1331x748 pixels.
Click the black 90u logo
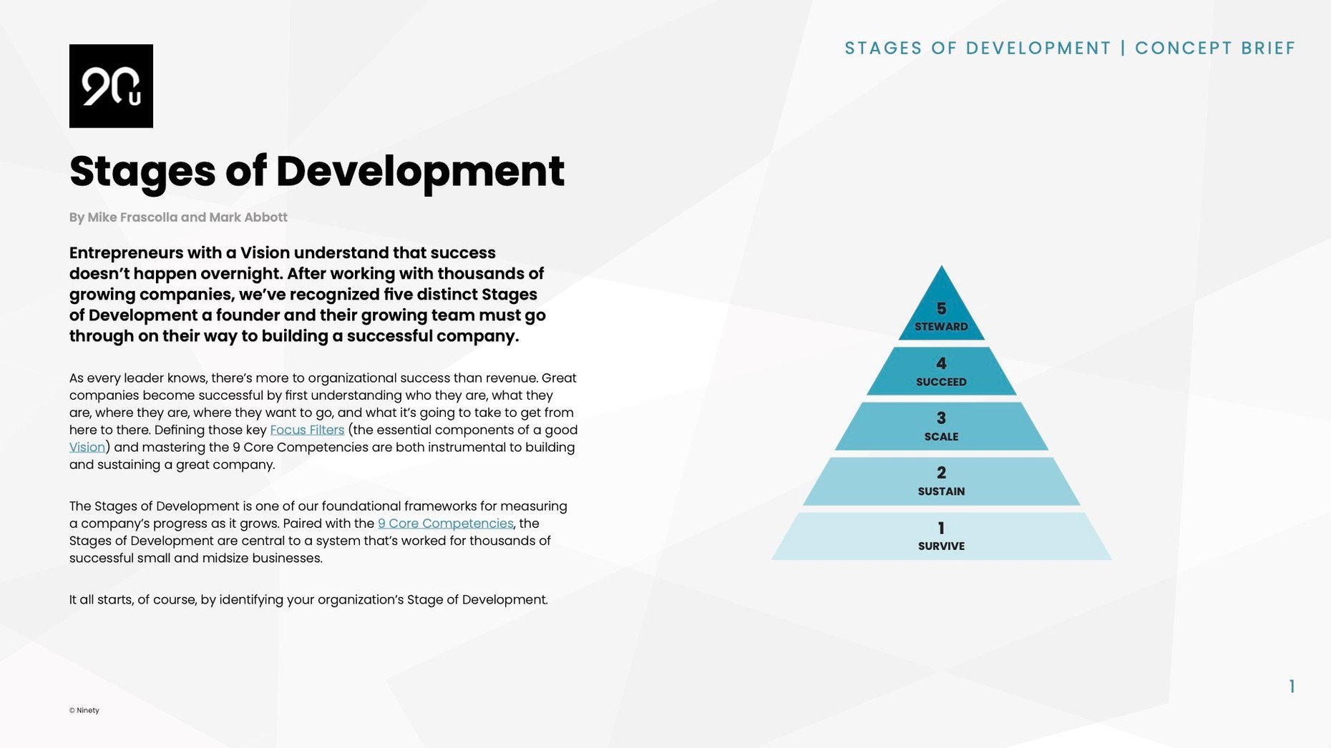pos(111,86)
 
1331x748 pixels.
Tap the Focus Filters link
pos(307,430)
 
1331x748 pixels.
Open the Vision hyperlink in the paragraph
pos(87,448)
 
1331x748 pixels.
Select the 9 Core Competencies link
pos(445,523)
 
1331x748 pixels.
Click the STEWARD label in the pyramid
pos(941,327)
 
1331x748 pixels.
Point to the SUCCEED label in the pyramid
pos(941,382)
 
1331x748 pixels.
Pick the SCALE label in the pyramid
pos(941,437)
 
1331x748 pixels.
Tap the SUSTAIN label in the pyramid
pos(941,491)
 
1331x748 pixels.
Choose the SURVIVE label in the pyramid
pos(941,546)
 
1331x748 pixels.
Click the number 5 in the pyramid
pos(941,308)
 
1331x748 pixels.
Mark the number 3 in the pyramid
pos(941,418)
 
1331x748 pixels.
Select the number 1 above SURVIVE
pos(941,528)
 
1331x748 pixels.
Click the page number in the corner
pos(1292,687)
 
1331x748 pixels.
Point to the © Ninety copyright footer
pos(84,710)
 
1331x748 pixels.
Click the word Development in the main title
pos(420,172)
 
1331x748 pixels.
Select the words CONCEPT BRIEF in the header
pos(1215,48)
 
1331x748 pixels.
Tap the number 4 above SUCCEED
pos(941,363)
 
